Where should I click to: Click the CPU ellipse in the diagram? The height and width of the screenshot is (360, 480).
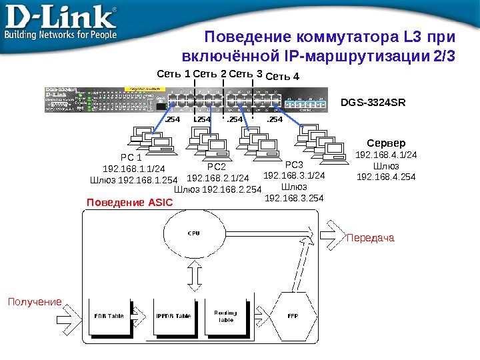[193, 234]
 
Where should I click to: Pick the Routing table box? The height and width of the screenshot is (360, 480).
[226, 315]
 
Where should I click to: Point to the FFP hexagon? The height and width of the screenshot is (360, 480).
[292, 315]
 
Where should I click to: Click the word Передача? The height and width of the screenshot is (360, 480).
[370, 237]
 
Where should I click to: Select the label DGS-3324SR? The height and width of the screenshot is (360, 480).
[373, 103]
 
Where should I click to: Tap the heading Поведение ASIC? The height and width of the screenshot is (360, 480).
[125, 201]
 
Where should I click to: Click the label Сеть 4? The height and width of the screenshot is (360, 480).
[283, 77]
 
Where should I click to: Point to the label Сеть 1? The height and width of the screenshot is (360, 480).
[173, 73]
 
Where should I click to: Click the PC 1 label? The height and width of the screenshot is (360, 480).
[131, 158]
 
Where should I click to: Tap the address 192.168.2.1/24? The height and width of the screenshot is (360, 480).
[218, 179]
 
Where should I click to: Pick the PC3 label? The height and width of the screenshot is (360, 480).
[294, 165]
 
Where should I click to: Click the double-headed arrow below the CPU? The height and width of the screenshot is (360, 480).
[193, 274]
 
